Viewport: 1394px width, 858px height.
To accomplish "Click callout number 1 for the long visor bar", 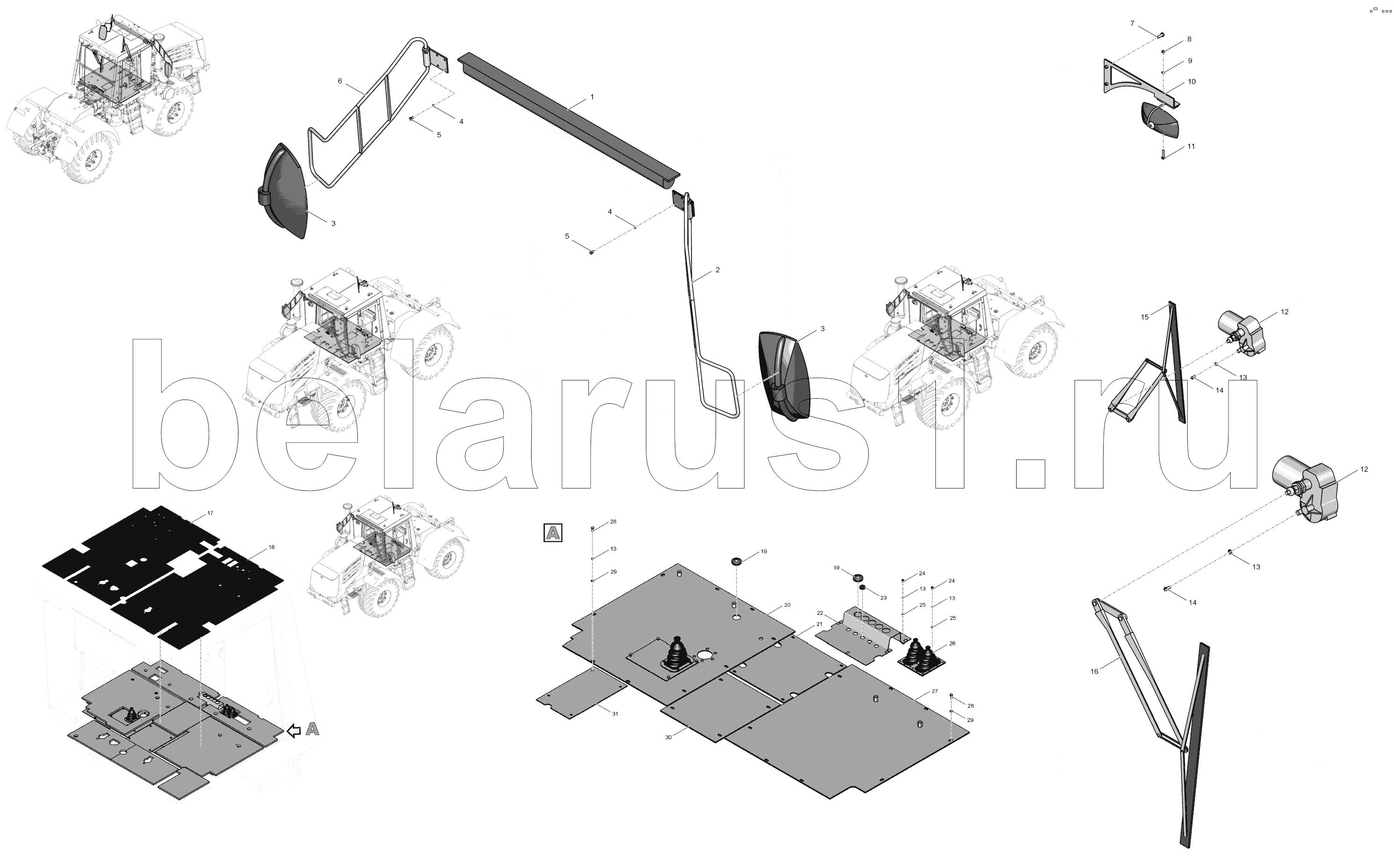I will click(x=592, y=97).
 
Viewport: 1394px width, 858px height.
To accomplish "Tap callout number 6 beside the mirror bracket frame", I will click(x=340, y=81).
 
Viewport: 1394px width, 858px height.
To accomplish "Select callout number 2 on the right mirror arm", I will click(x=717, y=269).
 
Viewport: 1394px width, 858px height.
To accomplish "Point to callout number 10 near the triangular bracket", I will click(x=1192, y=82).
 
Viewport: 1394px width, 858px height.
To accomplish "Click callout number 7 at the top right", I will click(x=1132, y=23).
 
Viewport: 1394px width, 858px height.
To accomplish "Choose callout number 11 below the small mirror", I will click(x=1191, y=146).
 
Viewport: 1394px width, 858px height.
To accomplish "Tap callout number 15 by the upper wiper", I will click(x=1144, y=317).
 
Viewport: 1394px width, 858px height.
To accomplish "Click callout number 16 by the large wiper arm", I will click(x=1094, y=671).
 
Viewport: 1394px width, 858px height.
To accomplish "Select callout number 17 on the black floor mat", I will click(x=210, y=513).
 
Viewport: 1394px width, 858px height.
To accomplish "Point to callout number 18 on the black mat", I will click(x=272, y=547).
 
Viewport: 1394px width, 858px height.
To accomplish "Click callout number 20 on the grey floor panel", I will click(x=787, y=605).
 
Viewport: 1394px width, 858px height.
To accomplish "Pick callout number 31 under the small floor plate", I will click(x=615, y=714).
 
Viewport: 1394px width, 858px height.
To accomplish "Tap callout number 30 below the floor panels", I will click(x=668, y=737).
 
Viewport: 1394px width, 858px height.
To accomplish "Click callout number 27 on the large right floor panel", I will click(x=935, y=691).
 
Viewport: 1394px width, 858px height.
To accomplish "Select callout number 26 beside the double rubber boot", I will click(x=952, y=644).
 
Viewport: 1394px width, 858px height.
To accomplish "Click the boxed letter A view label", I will click(x=553, y=533).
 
